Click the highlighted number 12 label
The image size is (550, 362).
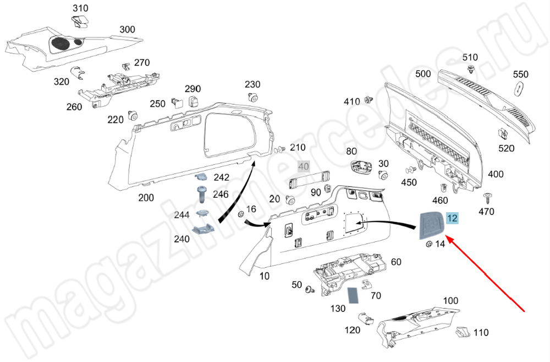pos(452,218)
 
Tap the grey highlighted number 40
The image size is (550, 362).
pos(304,166)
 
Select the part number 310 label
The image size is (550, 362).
pos(80,9)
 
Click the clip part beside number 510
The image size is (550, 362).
pos(471,69)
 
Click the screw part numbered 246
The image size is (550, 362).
pos(201,194)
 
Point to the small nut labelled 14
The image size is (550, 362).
pos(428,244)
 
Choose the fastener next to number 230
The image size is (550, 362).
pos(253,98)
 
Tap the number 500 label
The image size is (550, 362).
pos(423,74)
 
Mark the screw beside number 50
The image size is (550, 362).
pos(310,288)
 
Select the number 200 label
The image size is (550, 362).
pos(146,198)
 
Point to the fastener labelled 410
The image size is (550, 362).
pos(369,101)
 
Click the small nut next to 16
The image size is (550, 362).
pos(240,214)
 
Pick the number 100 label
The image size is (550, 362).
pos(450,301)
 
